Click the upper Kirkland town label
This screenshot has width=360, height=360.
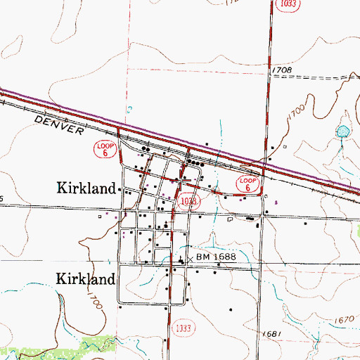tap(85, 188)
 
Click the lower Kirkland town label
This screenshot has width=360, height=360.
tap(85, 279)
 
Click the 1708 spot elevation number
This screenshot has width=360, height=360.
tap(280, 71)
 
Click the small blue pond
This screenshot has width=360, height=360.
tap(342, 131)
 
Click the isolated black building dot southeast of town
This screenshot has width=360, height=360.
tap(229, 309)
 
